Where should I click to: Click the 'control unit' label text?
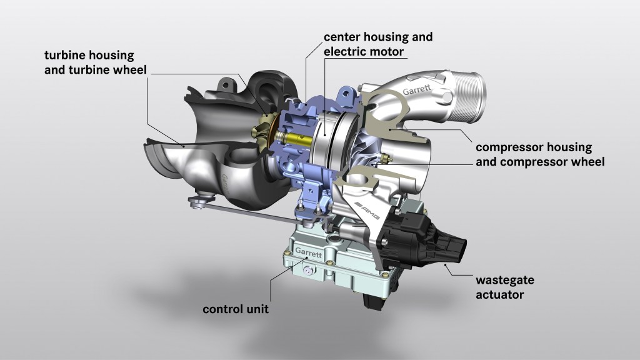tap(236, 309)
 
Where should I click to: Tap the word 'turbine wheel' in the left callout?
tap(113, 69)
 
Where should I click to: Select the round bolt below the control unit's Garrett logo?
tap(307, 269)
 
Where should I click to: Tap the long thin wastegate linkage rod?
tap(250, 212)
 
